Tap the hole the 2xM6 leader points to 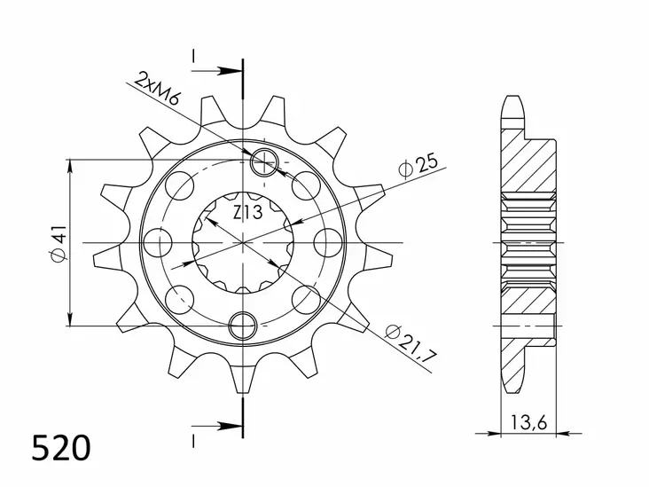click(x=264, y=161)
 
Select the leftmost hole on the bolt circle click(x=161, y=241)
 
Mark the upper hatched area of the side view click(x=528, y=164)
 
